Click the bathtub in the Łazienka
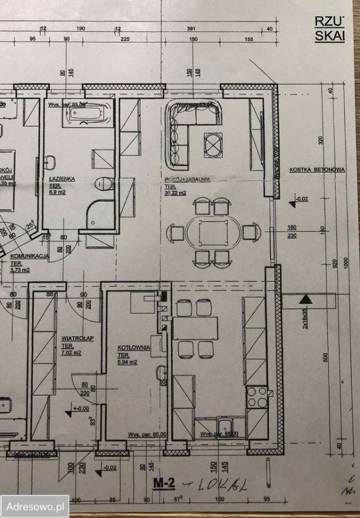click(89, 114)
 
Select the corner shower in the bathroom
click(100, 215)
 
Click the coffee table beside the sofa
click(213, 145)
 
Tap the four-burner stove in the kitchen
click(256, 397)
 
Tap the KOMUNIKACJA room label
click(30, 257)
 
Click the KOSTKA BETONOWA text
click(317, 169)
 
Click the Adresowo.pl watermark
click(35, 506)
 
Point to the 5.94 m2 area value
click(128, 362)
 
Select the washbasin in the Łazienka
click(51, 162)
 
